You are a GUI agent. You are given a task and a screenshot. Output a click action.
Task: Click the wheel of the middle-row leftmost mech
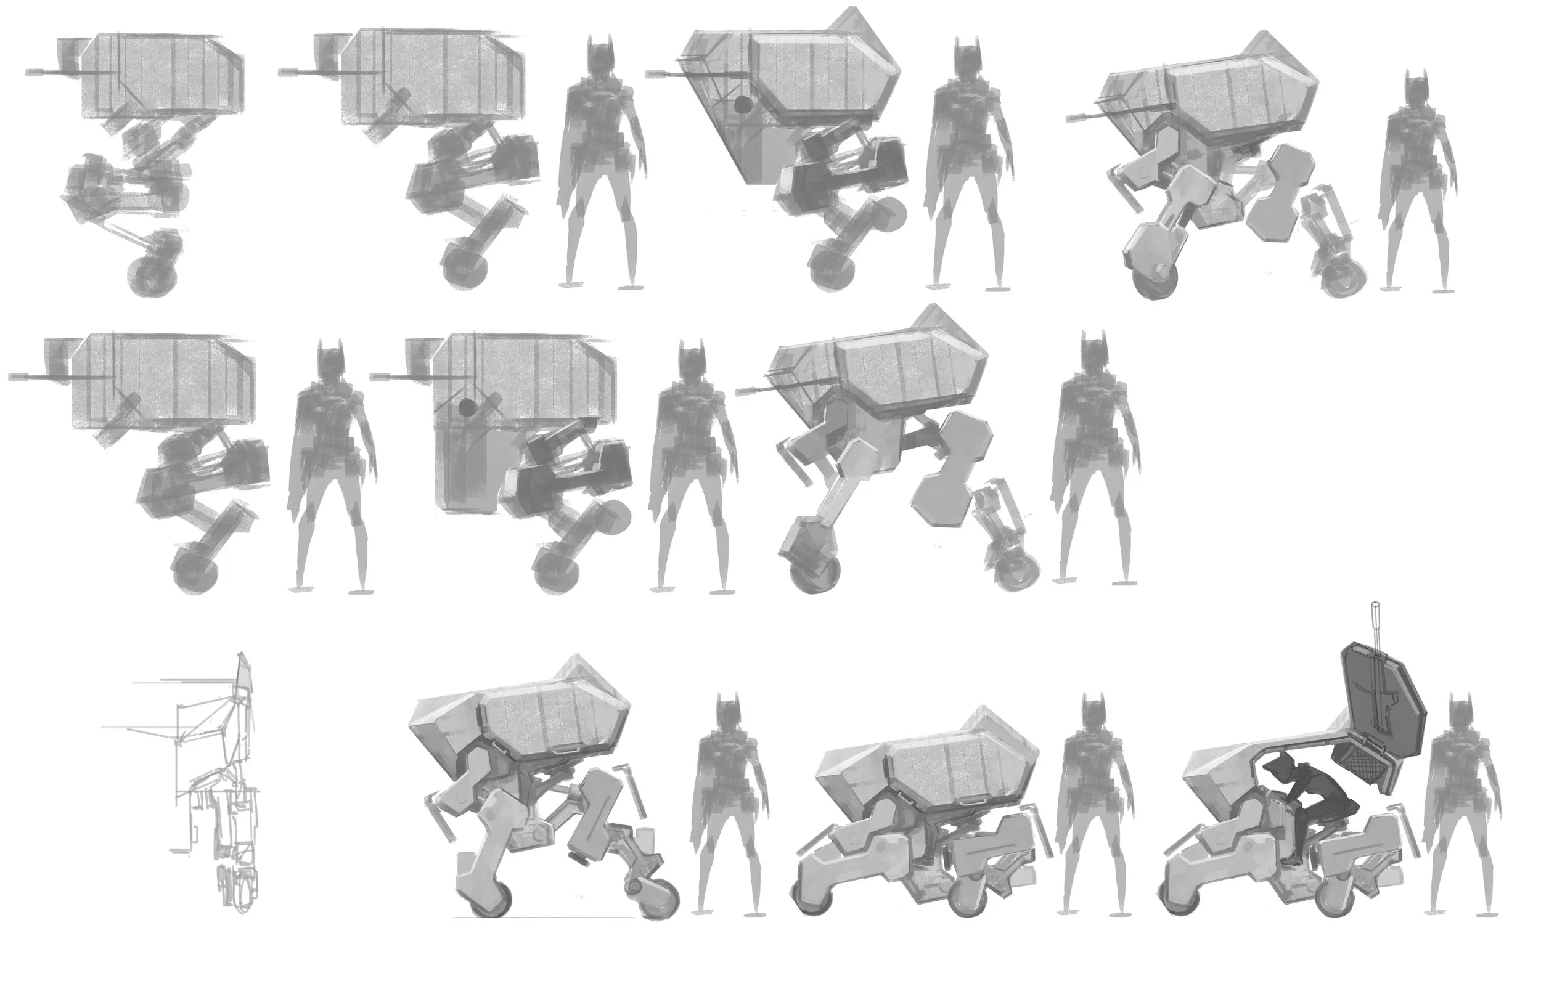(193, 570)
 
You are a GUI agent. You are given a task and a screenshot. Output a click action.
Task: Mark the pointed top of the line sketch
(242, 655)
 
